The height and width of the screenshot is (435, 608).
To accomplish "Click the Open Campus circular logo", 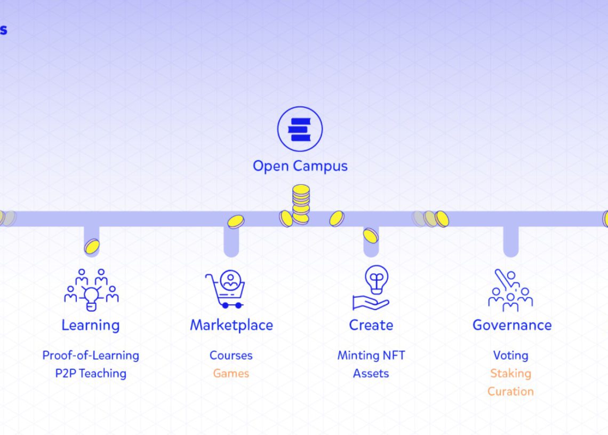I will (300, 129).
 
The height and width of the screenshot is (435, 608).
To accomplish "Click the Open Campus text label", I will (300, 165).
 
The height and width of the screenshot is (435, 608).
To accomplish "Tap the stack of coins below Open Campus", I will (301, 203).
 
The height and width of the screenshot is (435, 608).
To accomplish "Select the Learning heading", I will (90, 325).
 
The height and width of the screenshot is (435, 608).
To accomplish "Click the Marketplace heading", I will (231, 325).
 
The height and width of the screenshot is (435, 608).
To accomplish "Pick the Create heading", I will (371, 325).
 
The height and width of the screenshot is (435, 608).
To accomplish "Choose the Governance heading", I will (512, 325).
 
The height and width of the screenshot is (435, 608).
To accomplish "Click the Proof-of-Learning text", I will (91, 355).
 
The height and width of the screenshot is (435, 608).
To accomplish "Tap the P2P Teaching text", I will (91, 373).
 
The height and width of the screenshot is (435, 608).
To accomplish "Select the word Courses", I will (231, 355).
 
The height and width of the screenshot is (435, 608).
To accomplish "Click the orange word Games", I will (231, 373).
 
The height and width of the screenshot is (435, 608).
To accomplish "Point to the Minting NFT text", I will (371, 355).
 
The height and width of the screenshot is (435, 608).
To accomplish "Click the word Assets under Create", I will (371, 373).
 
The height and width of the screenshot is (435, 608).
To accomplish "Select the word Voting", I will (510, 355).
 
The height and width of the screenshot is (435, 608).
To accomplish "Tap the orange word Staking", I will (510, 373).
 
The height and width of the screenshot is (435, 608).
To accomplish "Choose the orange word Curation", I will (510, 391).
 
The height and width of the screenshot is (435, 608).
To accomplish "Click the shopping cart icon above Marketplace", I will (225, 289).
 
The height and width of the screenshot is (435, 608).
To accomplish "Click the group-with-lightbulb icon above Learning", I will (91, 290).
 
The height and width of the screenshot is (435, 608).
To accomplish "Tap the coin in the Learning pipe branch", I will (92, 246).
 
